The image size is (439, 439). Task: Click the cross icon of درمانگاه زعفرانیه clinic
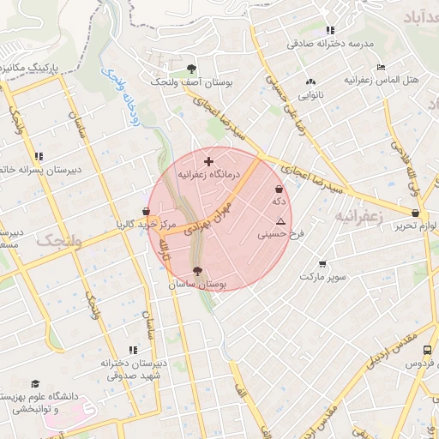[x=208, y=161]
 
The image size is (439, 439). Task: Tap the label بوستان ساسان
[x=197, y=284]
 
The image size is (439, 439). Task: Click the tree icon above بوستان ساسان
[x=197, y=271]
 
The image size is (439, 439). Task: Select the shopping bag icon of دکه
[x=278, y=189]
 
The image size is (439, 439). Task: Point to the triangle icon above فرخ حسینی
[x=280, y=220]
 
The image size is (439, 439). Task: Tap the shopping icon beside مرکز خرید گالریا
[x=147, y=211]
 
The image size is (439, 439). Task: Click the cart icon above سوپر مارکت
[x=322, y=264]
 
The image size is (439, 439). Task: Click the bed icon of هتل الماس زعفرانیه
[x=381, y=67]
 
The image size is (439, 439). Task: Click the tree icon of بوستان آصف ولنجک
[x=190, y=69]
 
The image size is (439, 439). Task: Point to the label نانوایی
[x=310, y=96]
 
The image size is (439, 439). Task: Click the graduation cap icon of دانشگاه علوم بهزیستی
[x=35, y=383]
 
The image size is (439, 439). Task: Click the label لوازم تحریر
[x=419, y=226]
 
